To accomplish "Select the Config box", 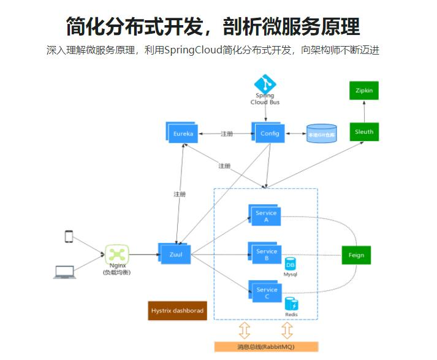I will [x=270, y=133].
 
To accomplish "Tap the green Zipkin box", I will [x=363, y=91].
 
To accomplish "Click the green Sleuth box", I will [x=363, y=132].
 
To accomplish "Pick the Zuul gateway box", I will [x=175, y=253].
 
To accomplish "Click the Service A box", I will [x=266, y=216].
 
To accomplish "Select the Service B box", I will [x=267, y=255].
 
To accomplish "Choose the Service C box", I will [x=267, y=293].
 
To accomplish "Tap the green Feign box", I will [x=356, y=255].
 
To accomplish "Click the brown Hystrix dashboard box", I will [x=177, y=310].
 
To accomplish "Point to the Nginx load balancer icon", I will [x=117, y=254].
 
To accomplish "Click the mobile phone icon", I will [x=69, y=236].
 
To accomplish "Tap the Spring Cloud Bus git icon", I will [x=265, y=84].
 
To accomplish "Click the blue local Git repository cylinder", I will [x=322, y=134].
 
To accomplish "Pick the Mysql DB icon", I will [x=291, y=264].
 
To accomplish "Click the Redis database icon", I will [x=291, y=304].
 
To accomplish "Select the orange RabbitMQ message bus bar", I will [x=266, y=347].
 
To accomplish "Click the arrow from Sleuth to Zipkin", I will [x=363, y=111].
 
